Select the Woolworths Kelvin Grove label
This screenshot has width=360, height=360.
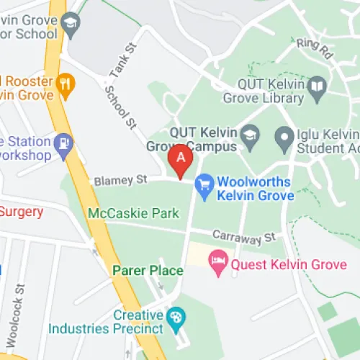click(x=255, y=189)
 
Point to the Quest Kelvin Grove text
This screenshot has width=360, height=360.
click(x=287, y=264)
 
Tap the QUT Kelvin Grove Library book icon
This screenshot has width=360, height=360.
click(x=318, y=87)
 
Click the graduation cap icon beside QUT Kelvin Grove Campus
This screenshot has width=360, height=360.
click(x=250, y=135)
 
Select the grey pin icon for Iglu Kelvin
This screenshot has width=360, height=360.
click(x=285, y=135)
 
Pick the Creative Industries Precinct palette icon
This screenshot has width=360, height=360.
click(x=174, y=316)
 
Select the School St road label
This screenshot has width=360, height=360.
click(x=121, y=109)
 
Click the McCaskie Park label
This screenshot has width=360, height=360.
click(x=132, y=214)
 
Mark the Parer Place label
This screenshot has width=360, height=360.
click(x=147, y=271)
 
